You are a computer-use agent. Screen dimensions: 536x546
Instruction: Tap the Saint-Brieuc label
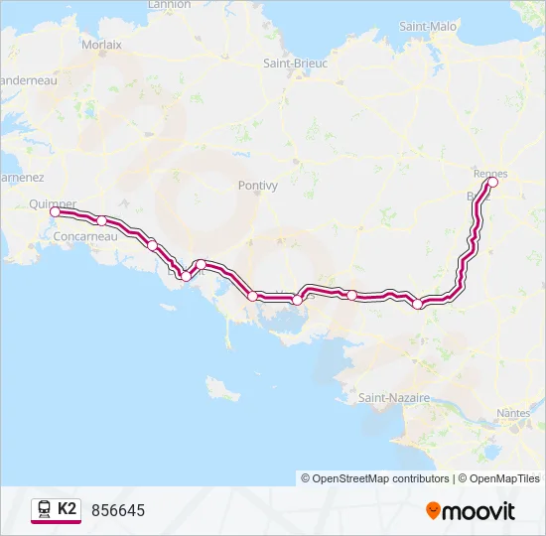295,63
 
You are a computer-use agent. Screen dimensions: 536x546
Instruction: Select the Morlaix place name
100,45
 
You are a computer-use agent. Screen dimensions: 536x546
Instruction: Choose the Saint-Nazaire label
394,397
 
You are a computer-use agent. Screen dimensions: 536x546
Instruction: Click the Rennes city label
490,173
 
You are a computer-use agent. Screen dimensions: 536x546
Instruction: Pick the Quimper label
53,203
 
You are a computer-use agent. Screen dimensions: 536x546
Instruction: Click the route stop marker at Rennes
492,182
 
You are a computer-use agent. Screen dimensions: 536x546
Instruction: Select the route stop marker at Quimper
55,211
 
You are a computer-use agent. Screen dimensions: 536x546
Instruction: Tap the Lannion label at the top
168,5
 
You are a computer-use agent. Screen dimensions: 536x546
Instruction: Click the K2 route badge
67,509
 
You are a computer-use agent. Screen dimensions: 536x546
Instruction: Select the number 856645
118,510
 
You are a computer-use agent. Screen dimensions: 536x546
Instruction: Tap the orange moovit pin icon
433,511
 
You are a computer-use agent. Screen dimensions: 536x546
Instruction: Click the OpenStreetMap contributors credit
375,478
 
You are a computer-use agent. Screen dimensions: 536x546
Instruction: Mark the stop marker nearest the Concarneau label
101,220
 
